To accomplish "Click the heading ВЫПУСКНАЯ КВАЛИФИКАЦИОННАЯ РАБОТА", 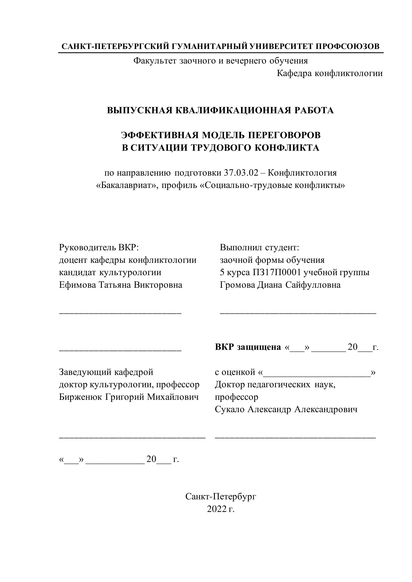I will click(x=220, y=111).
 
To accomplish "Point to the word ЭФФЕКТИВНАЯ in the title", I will click(x=160, y=135).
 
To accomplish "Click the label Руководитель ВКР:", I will click(x=99, y=247).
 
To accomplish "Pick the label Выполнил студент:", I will click(x=260, y=247).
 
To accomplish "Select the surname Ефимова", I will click(x=77, y=285).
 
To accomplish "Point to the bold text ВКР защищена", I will click(x=248, y=347).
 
